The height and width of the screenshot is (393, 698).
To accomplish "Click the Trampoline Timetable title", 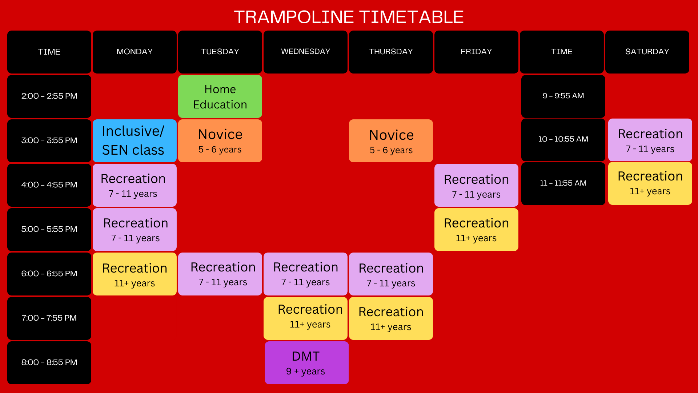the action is click(349, 17).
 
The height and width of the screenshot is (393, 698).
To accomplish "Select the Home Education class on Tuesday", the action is click(220, 96).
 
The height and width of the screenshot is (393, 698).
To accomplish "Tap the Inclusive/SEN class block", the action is click(135, 141).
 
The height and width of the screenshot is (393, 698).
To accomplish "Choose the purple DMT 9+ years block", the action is click(306, 363).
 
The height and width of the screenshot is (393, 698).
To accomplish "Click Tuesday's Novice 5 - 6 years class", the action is click(220, 141).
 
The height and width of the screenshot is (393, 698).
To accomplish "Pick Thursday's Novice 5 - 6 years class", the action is click(391, 141).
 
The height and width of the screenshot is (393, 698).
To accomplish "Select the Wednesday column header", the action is click(305, 52).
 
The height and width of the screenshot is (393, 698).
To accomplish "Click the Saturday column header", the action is click(647, 52).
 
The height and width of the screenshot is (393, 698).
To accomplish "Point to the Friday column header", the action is click(476, 52).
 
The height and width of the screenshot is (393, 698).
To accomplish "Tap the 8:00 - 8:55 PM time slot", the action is click(49, 363).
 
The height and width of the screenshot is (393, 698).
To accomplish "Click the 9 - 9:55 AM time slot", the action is click(563, 96).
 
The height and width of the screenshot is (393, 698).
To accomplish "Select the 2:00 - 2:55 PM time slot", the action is click(49, 96).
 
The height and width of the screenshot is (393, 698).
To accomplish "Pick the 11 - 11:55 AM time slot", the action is click(563, 184).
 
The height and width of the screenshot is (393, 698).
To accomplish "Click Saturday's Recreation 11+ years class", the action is click(650, 183).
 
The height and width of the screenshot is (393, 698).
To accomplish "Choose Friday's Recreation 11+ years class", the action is click(476, 230).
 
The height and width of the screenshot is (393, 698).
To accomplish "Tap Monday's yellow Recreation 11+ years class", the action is click(135, 274).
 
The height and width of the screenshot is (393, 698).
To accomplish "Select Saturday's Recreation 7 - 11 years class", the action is click(650, 140).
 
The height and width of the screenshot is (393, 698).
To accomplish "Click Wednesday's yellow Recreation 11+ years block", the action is click(305, 318).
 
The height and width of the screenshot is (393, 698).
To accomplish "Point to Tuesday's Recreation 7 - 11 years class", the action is click(220, 274).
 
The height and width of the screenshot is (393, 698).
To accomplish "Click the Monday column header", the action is click(135, 52).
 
